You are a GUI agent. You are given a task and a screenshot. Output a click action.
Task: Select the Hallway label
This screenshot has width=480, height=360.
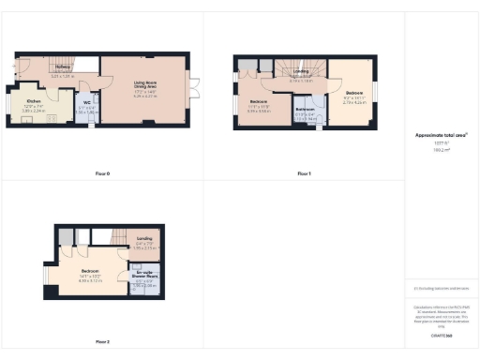click(x=62, y=67)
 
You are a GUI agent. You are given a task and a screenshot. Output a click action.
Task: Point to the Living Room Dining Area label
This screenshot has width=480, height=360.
click(x=144, y=85)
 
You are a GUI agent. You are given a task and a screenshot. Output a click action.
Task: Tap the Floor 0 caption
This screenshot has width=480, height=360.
click(x=102, y=174)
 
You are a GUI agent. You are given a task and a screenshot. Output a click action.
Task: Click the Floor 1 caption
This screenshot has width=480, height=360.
click(x=303, y=174)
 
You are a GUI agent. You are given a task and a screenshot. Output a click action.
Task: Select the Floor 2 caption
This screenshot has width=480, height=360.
click(x=102, y=341)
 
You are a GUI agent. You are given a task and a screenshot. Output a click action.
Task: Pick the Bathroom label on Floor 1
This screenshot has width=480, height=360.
click(x=305, y=110)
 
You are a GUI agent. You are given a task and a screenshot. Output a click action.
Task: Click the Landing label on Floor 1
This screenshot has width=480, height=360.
click(x=300, y=70)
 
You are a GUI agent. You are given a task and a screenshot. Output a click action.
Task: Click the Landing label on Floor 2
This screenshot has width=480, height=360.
click(x=143, y=239)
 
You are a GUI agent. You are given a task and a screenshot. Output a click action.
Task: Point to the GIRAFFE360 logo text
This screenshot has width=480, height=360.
click(x=441, y=335)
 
